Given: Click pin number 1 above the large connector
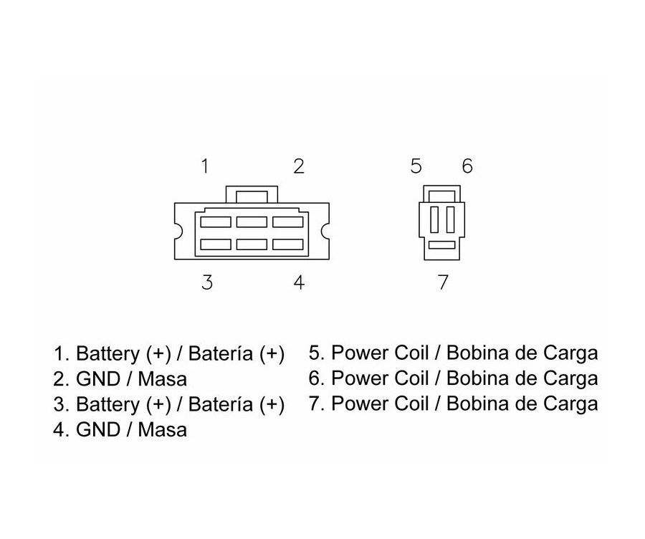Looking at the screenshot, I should click(x=205, y=167).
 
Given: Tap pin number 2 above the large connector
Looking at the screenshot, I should click(x=299, y=167).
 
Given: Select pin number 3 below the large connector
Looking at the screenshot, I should click(x=206, y=282).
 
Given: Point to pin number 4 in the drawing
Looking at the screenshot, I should click(x=299, y=282).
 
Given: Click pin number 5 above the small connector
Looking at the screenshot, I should click(x=416, y=167).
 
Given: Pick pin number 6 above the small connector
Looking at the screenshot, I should click(x=467, y=167).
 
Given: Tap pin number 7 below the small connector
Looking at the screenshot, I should click(x=443, y=282).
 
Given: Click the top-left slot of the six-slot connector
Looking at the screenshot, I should click(x=216, y=222).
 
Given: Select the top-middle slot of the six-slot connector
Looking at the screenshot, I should click(x=252, y=222).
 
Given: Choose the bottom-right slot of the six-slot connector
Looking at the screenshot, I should click(x=287, y=244).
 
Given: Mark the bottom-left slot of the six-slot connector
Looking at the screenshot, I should click(x=216, y=244).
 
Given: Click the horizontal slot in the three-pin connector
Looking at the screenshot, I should click(x=442, y=245).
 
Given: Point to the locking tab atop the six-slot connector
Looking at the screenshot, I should click(x=252, y=194).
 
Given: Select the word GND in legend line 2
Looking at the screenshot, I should click(x=94, y=378).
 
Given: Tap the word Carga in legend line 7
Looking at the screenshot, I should click(x=570, y=404).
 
